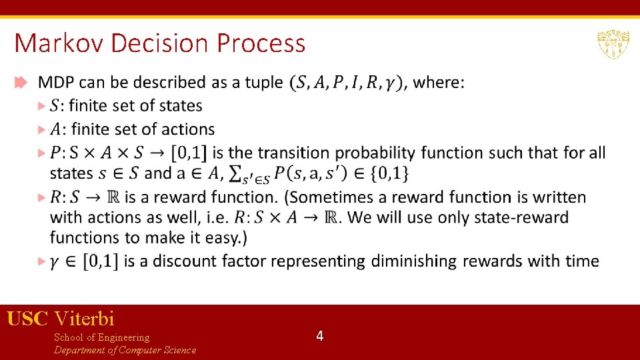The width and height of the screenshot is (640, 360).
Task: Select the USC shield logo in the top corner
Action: click(x=613, y=44)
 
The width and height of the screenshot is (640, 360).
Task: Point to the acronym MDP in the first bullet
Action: click(x=57, y=83)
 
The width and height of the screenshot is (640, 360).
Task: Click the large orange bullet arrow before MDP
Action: click(x=20, y=83)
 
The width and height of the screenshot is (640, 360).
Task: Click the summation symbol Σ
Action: click(x=235, y=173)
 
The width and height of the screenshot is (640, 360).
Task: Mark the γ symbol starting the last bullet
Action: click(x=56, y=262)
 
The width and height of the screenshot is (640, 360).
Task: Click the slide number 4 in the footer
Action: click(x=320, y=336)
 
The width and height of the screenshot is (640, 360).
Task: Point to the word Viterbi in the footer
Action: click(x=85, y=319)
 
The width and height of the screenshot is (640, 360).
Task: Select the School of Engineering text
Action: click(x=101, y=337)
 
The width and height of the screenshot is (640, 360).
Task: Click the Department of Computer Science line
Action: click(x=125, y=350)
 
